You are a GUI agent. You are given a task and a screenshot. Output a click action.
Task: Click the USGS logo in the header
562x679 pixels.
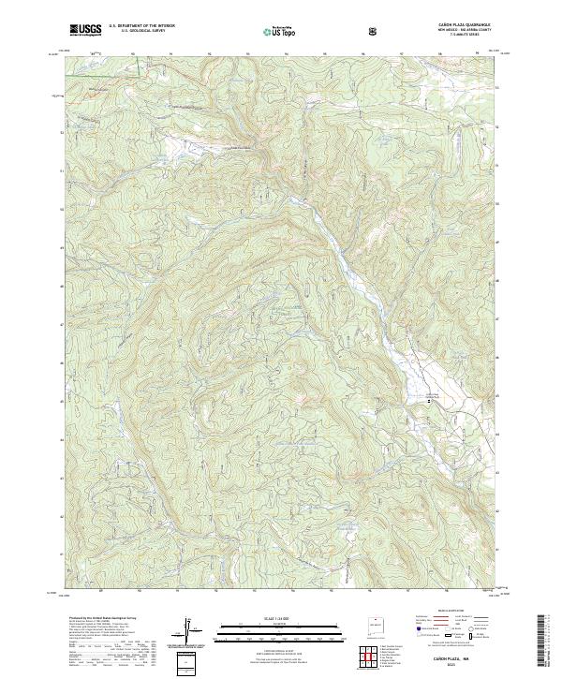click(x=85, y=30)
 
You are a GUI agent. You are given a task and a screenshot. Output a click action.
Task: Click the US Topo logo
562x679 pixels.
click(x=280, y=31)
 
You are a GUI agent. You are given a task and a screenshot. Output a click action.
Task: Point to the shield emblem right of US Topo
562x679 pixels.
click(x=320, y=31)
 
